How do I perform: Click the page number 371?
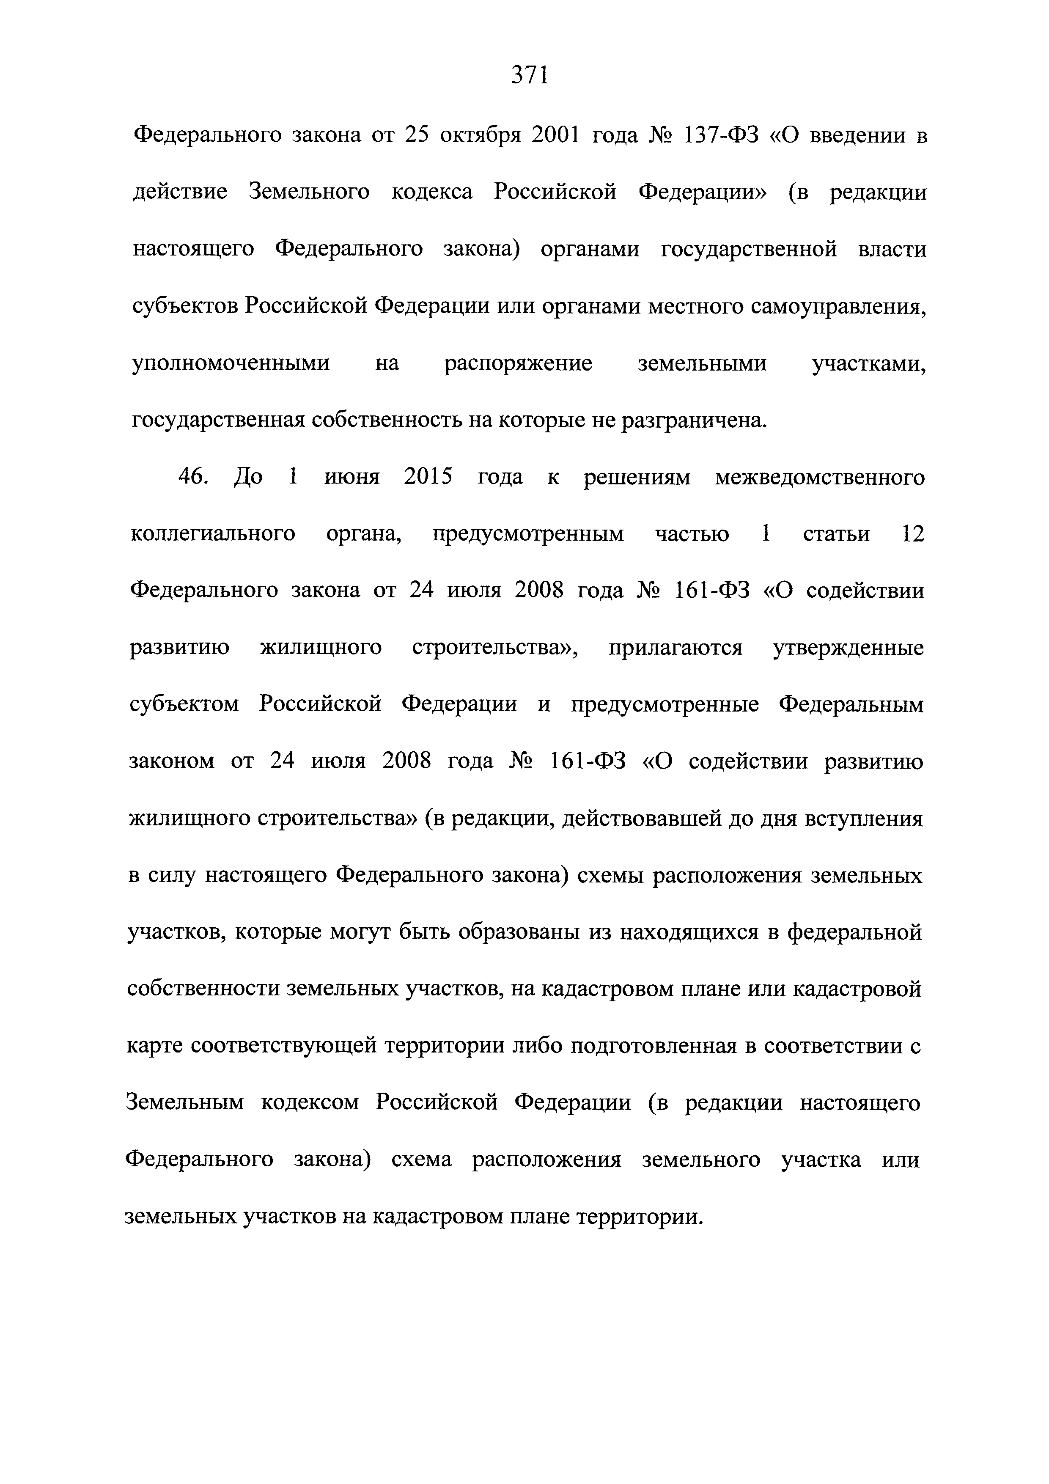coord(530,76)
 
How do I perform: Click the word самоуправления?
coord(838,307)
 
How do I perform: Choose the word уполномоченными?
coord(231,364)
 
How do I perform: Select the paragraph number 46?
coord(192,478)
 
